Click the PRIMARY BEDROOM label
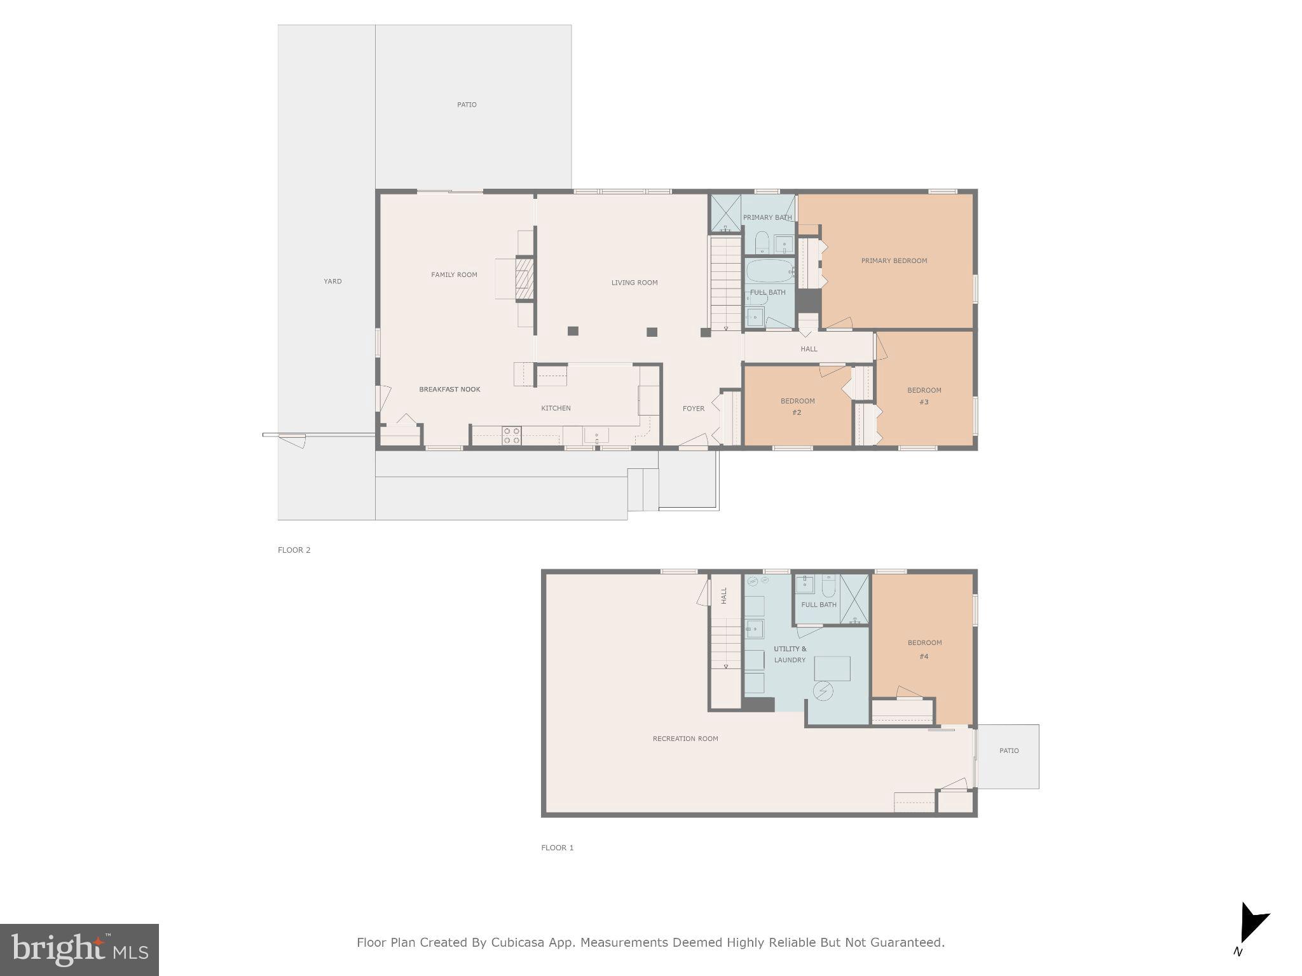894,261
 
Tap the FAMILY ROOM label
454,274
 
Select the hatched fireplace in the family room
524,278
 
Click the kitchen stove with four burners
512,435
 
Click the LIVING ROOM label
634,283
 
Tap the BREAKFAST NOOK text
449,390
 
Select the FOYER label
694,409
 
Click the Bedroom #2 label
797,407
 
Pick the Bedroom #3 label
924,396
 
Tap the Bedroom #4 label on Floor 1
924,649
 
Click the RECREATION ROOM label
685,738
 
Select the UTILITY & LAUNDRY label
790,654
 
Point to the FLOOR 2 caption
294,550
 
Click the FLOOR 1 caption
557,847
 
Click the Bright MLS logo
79,949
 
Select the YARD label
332,281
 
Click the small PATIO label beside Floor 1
1009,750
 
